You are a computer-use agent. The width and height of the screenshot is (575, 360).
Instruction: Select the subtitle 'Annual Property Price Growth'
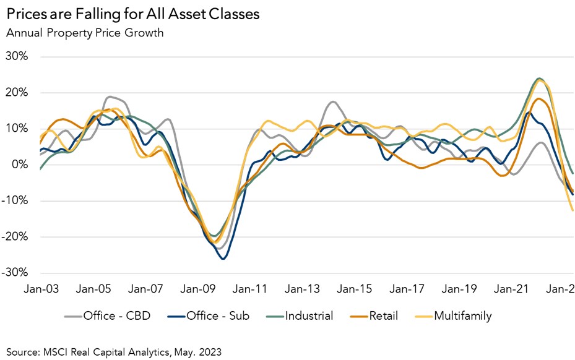click(x=84, y=33)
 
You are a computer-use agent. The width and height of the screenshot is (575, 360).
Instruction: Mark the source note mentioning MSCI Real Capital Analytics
click(x=113, y=351)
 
